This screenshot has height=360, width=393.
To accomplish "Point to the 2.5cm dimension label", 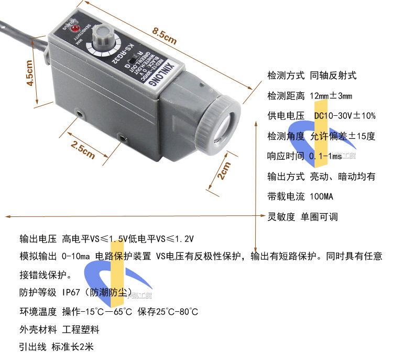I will (83, 149).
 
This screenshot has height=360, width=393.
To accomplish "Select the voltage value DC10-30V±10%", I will (344, 116).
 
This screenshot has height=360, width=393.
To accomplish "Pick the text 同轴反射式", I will (333, 75).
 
